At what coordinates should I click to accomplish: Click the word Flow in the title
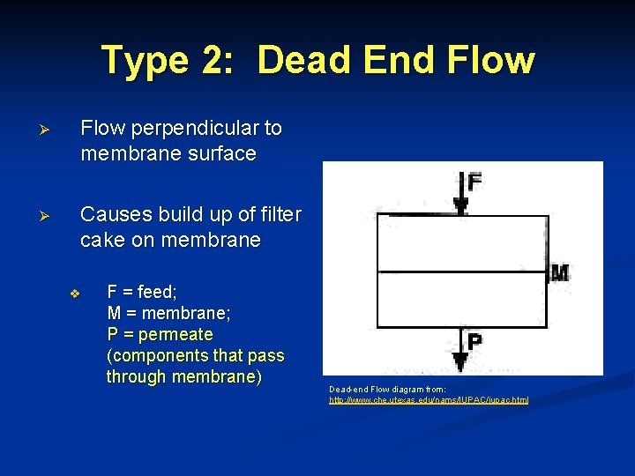(490, 61)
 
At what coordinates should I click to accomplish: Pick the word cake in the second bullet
(101, 240)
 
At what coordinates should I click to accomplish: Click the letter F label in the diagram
(474, 182)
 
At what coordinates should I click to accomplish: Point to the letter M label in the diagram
(558, 273)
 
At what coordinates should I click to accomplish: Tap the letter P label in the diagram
(474, 341)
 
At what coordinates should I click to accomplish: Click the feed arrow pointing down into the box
(459, 194)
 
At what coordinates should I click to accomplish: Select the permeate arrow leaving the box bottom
(459, 348)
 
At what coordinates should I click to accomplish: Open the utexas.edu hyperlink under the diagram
(429, 400)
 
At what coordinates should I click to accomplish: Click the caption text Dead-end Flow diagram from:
(387, 389)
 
